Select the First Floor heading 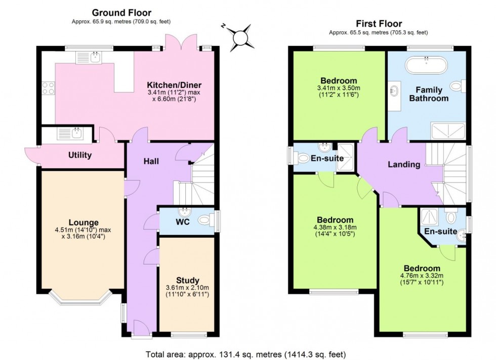click(x=379, y=23)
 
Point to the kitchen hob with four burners click(x=48, y=88)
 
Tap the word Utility click(x=80, y=155)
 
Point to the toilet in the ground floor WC click(x=205, y=220)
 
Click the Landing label click(x=404, y=164)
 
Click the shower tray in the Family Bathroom click(x=447, y=130)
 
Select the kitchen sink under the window click(x=90, y=58)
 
